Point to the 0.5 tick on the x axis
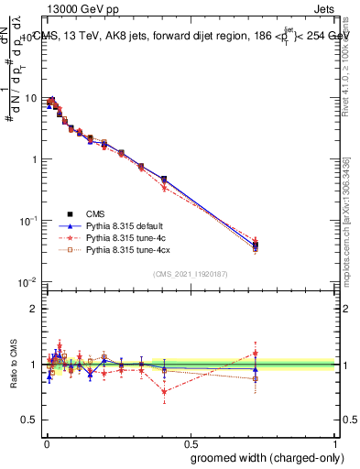click(x=190, y=442)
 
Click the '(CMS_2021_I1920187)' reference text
click(x=191, y=274)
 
